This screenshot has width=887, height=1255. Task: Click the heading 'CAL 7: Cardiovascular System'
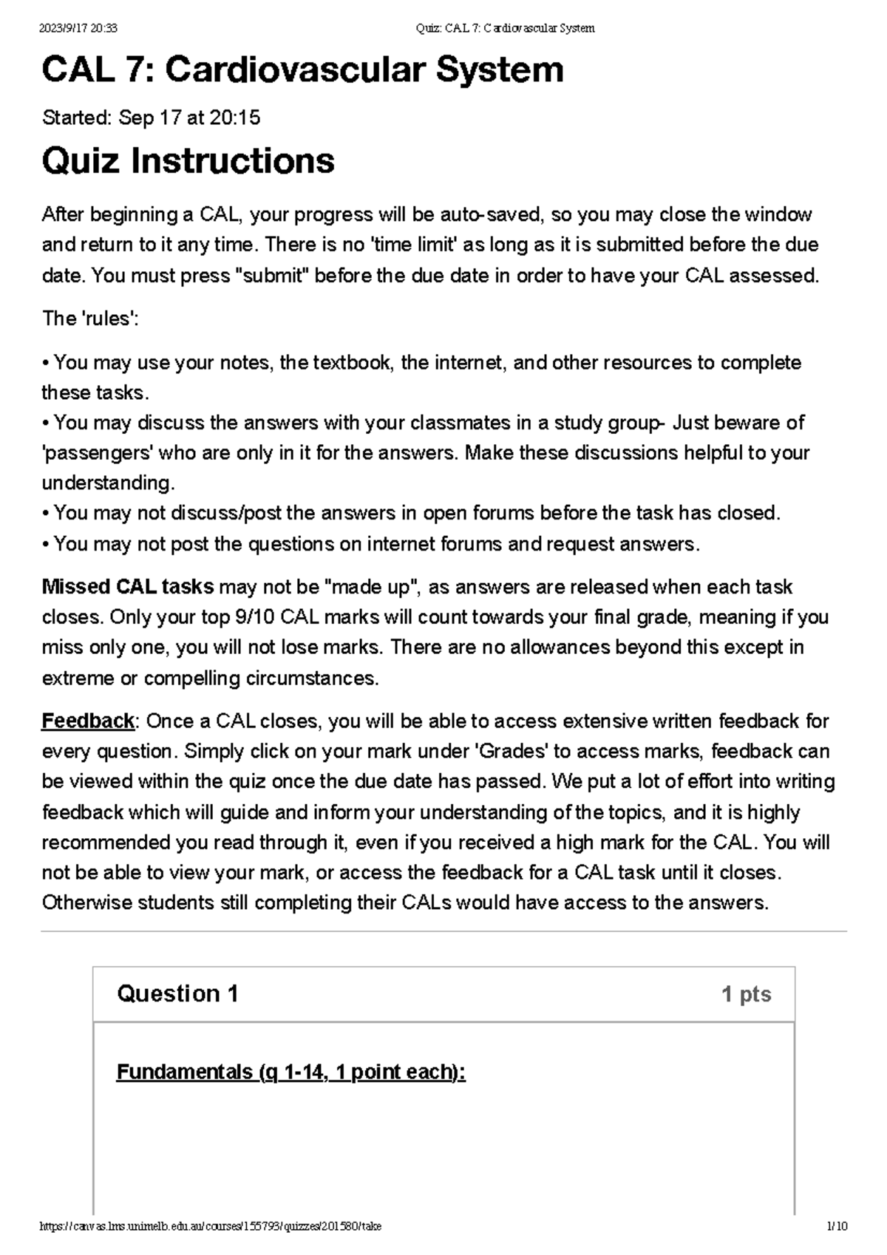[x=302, y=70]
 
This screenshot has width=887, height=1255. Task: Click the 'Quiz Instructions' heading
[x=188, y=160]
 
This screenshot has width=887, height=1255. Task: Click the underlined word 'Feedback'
[x=88, y=721]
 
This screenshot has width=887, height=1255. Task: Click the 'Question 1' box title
[x=177, y=994]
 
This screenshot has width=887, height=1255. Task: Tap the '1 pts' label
[x=746, y=995]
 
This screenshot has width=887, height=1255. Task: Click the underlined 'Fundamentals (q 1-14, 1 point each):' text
[x=290, y=1072]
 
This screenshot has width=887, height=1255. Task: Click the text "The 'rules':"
[x=90, y=319]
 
